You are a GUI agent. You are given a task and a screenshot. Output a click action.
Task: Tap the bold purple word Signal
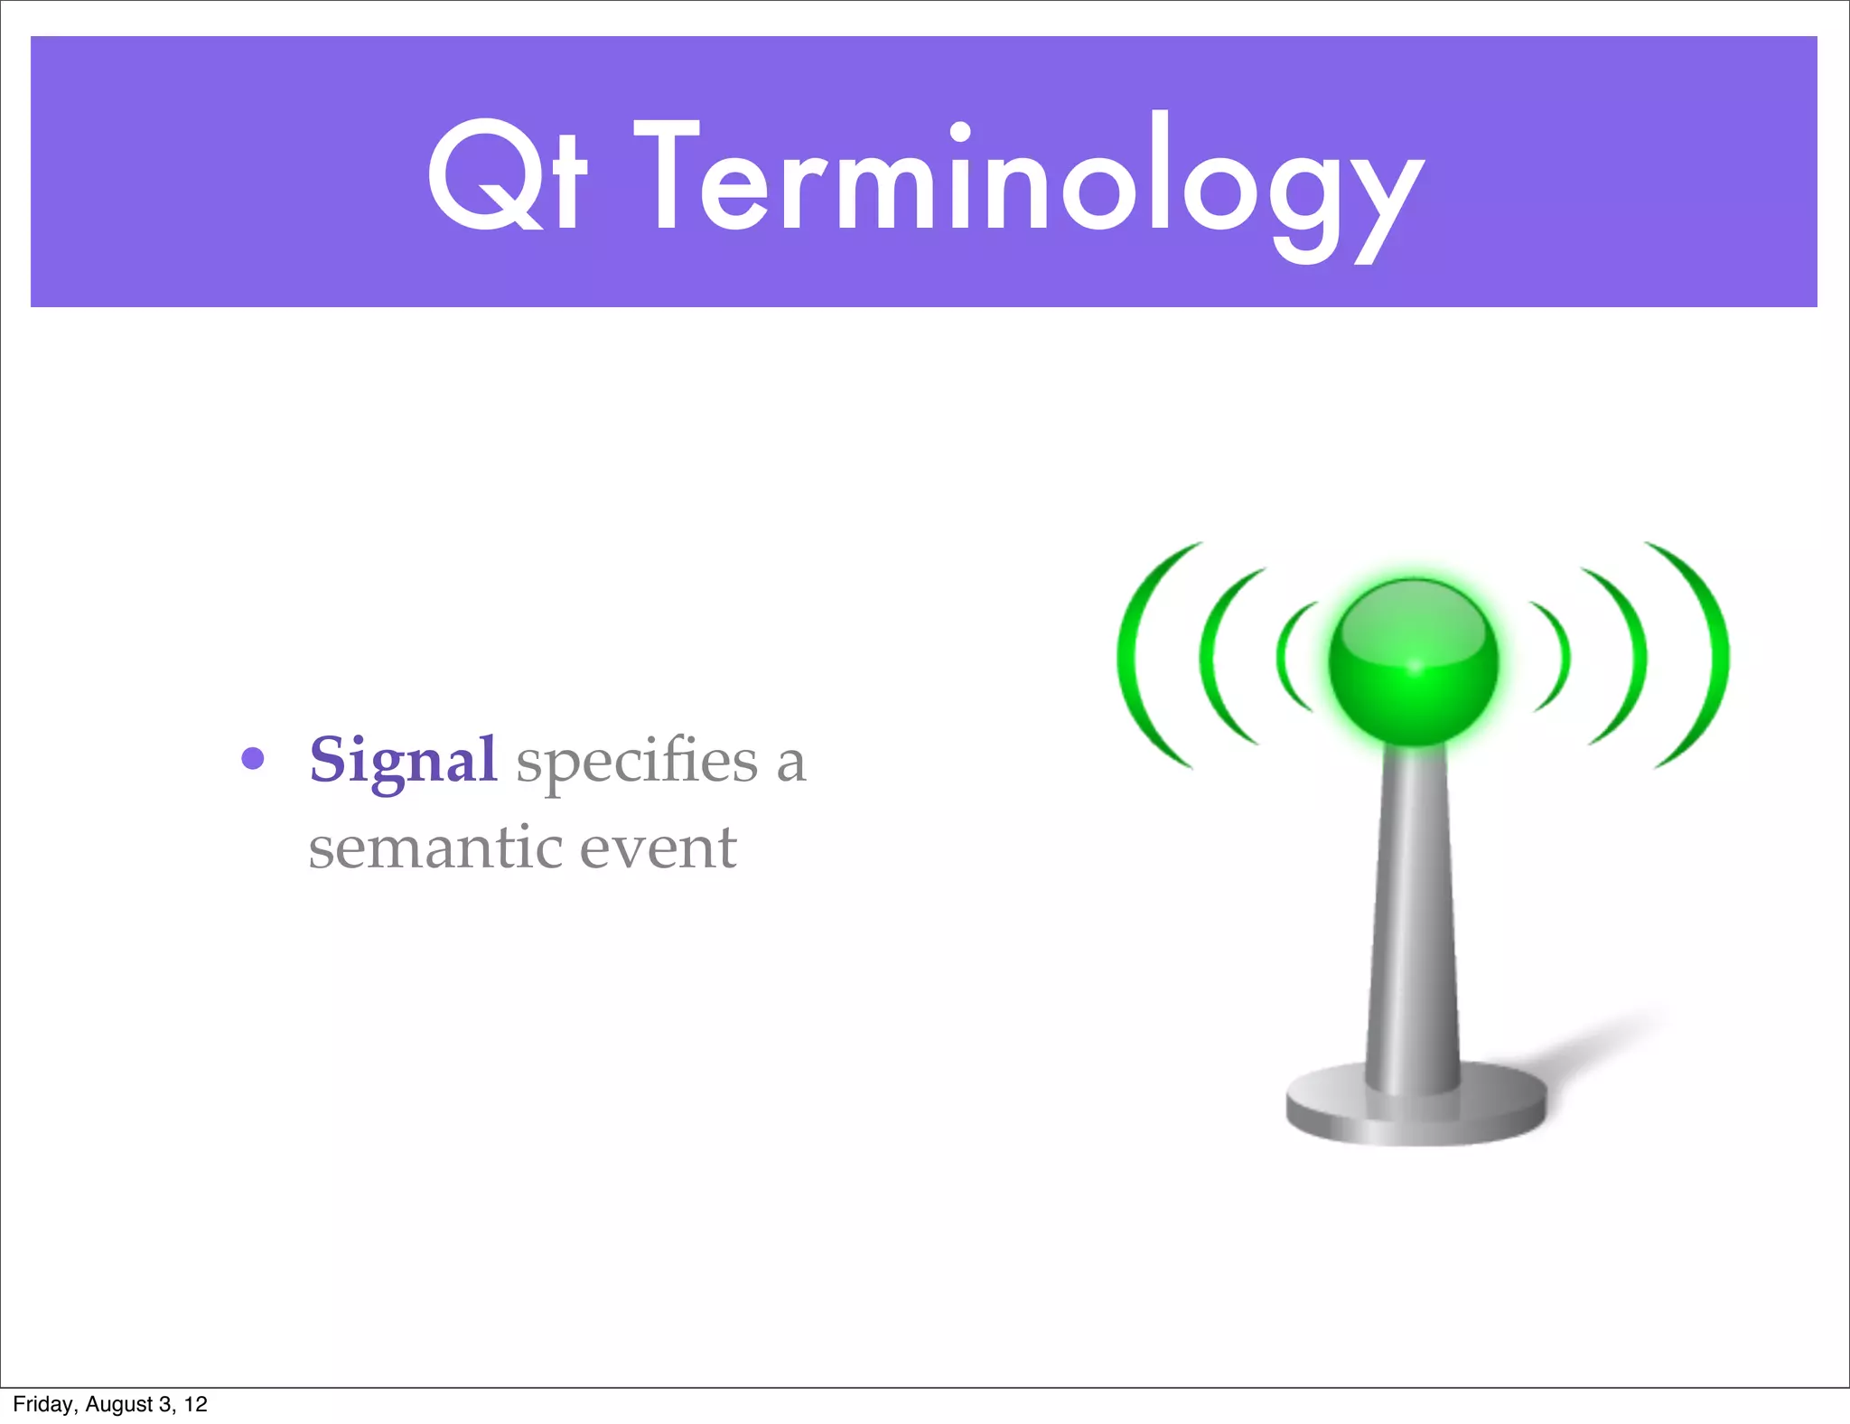(x=403, y=761)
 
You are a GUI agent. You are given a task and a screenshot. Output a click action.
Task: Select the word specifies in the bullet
(x=637, y=761)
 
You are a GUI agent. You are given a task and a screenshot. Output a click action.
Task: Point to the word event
(x=658, y=848)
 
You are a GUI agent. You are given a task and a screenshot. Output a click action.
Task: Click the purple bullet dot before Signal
(x=253, y=758)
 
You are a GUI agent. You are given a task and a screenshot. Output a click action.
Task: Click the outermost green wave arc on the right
(x=1718, y=655)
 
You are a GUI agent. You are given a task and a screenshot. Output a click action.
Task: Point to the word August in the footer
(x=118, y=1404)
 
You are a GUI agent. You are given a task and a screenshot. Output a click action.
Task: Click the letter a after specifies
(x=790, y=763)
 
